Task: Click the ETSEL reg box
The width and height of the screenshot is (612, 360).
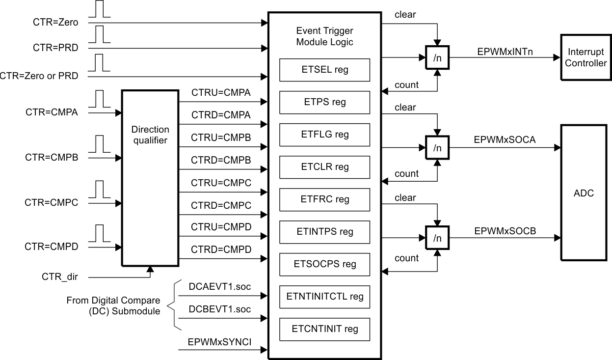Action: click(x=324, y=70)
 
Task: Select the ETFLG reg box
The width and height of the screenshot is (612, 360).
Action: click(x=324, y=135)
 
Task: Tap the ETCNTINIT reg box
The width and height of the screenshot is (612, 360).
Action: click(x=324, y=329)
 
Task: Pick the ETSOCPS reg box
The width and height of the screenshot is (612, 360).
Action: click(x=324, y=264)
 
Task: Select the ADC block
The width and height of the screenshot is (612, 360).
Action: click(x=584, y=193)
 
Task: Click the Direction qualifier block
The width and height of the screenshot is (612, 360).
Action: click(x=150, y=178)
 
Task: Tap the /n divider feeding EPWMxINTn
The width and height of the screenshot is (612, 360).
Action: click(x=436, y=57)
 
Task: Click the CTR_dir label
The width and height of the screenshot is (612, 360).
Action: click(x=59, y=277)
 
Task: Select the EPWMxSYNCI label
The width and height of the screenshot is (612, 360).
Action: click(x=219, y=342)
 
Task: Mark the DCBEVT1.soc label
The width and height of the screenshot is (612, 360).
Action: click(x=219, y=309)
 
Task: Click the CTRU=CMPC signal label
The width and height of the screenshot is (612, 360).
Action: click(x=221, y=183)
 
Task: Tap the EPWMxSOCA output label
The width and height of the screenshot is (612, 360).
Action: click(x=505, y=139)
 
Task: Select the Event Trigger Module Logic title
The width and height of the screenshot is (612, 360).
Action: click(x=324, y=36)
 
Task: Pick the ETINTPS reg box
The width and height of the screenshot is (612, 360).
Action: click(x=324, y=232)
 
